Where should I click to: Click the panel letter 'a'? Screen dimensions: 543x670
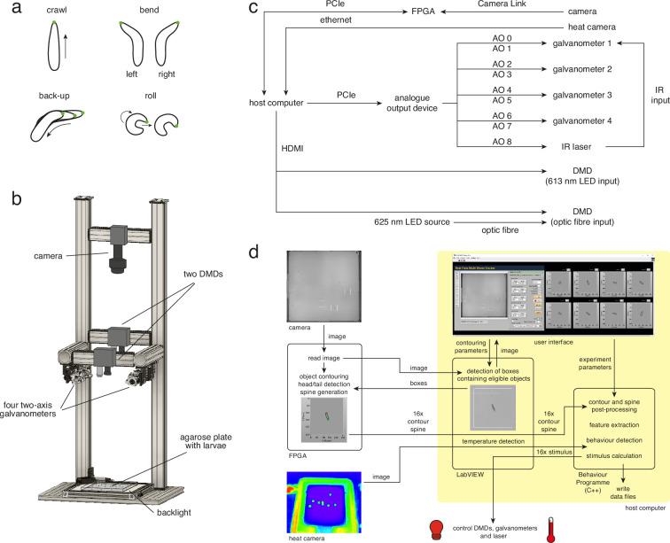tap(8, 8)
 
